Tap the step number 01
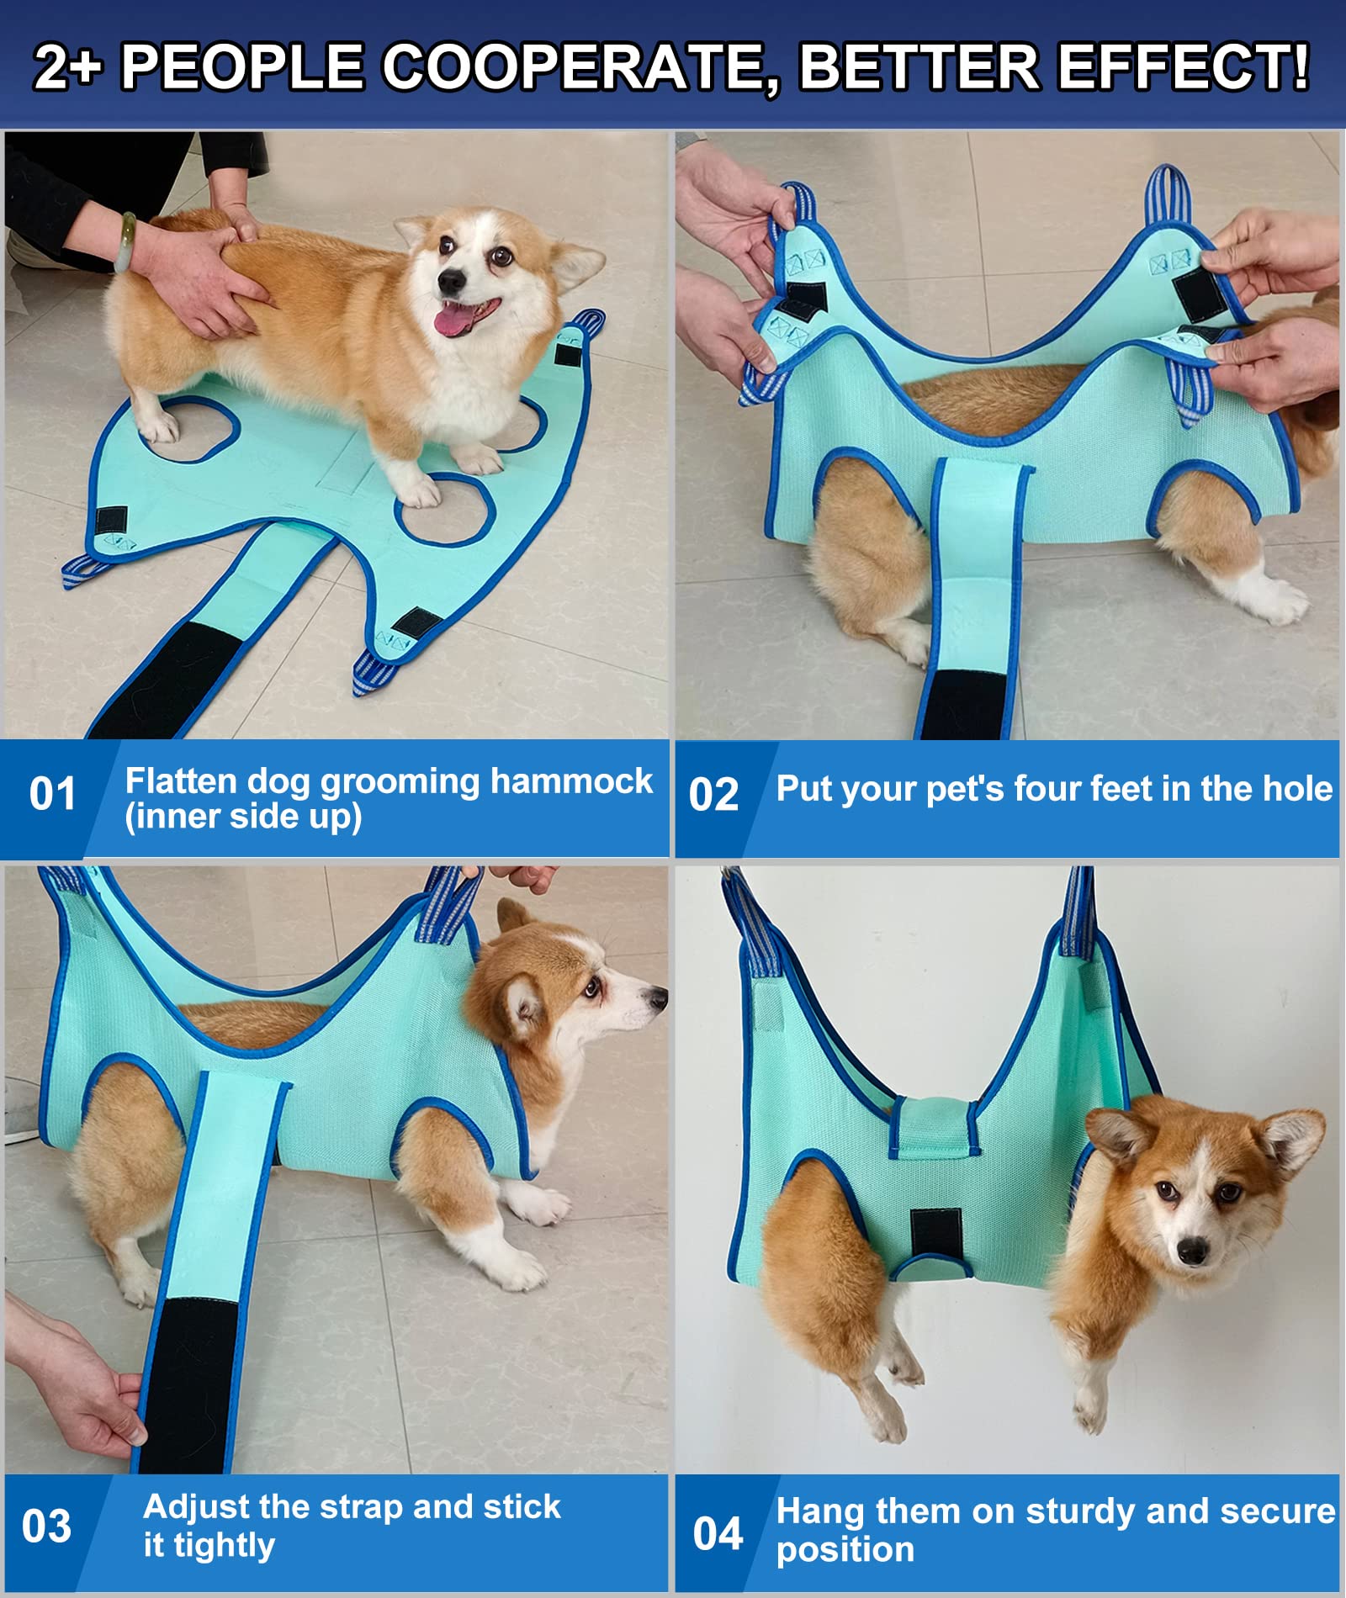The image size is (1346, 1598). pyautogui.click(x=52, y=794)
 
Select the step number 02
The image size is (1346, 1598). pyautogui.click(x=713, y=795)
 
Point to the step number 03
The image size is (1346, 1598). pyautogui.click(x=47, y=1527)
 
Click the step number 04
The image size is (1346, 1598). pyautogui.click(x=718, y=1532)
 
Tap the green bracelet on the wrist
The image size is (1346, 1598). pyautogui.click(x=126, y=242)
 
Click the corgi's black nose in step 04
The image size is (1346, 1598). pyautogui.click(x=1192, y=1252)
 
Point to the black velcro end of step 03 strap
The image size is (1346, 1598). pyautogui.click(x=189, y=1379)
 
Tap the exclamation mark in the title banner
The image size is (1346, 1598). pyautogui.click(x=1299, y=67)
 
